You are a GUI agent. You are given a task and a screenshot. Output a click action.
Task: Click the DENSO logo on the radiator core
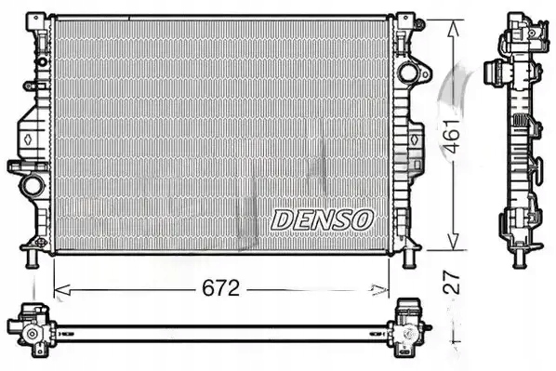322,219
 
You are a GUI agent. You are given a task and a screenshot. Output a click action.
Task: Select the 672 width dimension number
221,288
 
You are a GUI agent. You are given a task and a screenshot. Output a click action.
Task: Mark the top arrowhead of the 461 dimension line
453,25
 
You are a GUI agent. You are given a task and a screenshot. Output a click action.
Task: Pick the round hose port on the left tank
33,184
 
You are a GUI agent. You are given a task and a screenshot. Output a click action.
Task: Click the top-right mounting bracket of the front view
405,25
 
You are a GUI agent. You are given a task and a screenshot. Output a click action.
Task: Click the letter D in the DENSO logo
282,219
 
